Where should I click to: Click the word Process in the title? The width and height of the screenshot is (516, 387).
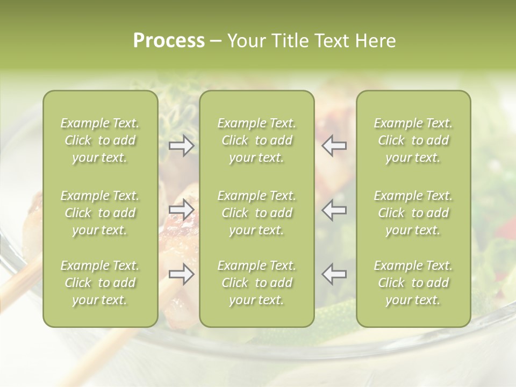[169, 41]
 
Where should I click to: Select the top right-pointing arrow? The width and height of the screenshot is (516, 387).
[182, 146]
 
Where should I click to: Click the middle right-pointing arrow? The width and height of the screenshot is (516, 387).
[182, 210]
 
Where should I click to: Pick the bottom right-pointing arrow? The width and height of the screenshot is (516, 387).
[182, 274]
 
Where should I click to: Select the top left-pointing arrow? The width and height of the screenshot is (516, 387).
[334, 146]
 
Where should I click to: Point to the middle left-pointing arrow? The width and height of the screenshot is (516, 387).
[334, 210]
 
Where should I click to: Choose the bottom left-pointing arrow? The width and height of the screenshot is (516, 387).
[334, 274]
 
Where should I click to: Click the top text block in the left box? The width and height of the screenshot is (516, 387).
[100, 140]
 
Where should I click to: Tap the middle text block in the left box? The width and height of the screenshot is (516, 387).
[100, 213]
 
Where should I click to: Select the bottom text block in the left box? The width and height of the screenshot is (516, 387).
[100, 283]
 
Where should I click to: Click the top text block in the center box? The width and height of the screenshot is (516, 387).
[257, 140]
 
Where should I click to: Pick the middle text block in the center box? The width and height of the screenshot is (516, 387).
[257, 213]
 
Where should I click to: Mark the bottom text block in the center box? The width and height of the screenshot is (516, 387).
[257, 283]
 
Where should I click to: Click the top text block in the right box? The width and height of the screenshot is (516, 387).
[413, 140]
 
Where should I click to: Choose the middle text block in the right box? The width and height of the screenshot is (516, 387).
[413, 213]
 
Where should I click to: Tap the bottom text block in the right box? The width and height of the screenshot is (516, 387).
[413, 283]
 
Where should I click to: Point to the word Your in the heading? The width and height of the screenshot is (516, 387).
[245, 41]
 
